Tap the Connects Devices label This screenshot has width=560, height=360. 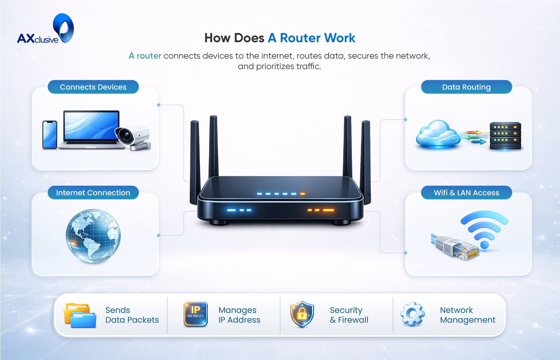point(93,87)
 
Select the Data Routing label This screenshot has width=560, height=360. point(466,87)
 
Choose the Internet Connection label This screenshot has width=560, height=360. point(93,193)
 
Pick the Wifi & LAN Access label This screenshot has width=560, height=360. point(466,193)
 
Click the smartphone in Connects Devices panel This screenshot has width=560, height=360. point(50,135)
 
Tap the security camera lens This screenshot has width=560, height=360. point(126,136)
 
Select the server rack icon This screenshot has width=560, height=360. point(505,136)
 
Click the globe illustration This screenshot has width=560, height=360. point(93,236)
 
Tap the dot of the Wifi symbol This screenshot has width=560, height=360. point(484,245)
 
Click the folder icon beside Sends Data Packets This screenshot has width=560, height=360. point(80,315)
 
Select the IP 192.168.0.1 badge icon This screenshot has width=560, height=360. point(196,314)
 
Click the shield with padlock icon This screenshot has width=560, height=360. point(302,314)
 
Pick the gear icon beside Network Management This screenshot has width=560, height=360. point(412,314)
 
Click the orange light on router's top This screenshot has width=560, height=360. point(303,194)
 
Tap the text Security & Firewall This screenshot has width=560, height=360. point(349,315)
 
